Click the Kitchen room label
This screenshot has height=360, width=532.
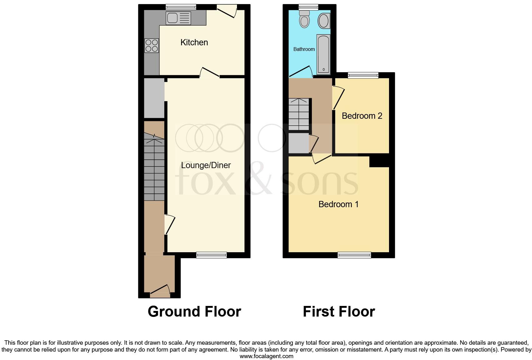[x=194, y=42]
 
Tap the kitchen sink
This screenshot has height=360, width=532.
[x=178, y=18]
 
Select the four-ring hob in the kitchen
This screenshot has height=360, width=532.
[x=151, y=46]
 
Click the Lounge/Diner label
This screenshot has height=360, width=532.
[x=206, y=165]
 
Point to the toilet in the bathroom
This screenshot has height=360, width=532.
[x=304, y=20]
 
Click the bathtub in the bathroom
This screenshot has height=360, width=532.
[x=323, y=54]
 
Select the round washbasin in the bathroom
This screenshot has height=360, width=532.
[x=323, y=21]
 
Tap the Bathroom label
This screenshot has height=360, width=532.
[x=304, y=49]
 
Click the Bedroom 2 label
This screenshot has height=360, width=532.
[x=362, y=116]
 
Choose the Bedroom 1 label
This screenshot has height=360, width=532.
[x=338, y=204]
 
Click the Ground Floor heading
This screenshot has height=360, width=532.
[x=194, y=312]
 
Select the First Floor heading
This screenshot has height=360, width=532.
[x=339, y=312]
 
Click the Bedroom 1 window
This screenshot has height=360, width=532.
[x=354, y=255]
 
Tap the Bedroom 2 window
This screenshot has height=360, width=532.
[x=363, y=75]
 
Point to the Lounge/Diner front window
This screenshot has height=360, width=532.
[x=211, y=255]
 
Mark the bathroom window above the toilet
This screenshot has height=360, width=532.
[x=308, y=7]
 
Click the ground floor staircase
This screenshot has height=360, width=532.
[x=154, y=169]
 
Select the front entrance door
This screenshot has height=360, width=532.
[x=160, y=291]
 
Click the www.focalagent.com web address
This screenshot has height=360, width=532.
[x=266, y=356]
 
